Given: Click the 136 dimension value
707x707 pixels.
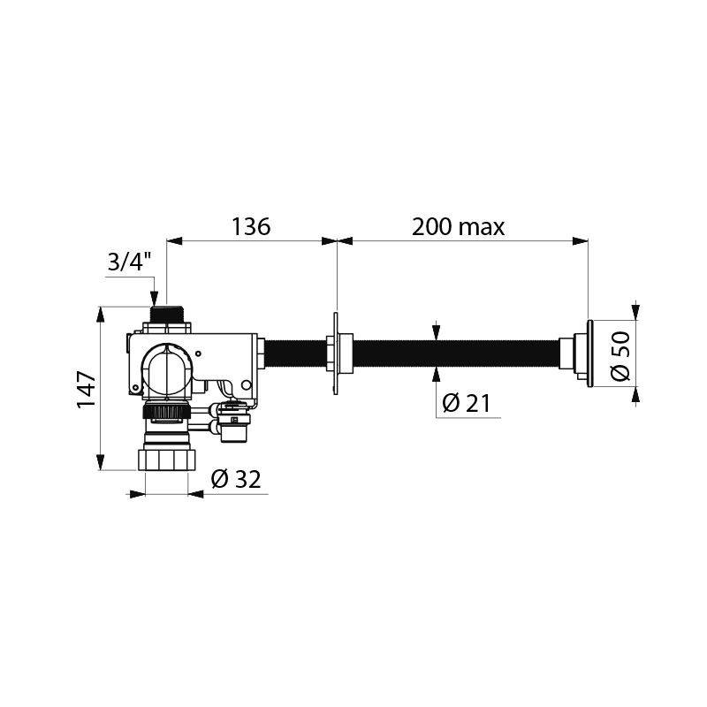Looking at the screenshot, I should (250, 226).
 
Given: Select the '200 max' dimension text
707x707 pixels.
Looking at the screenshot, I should (458, 226).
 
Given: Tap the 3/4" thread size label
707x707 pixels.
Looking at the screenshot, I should (130, 262).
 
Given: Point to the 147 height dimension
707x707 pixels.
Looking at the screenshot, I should (86, 389).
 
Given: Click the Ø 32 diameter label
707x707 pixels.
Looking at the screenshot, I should (236, 479).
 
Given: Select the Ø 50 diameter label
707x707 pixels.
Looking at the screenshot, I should (622, 355).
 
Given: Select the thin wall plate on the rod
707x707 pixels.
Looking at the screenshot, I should (336, 353).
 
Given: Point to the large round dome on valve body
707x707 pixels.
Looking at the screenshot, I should (166, 369).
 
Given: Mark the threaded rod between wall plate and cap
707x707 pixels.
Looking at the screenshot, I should (455, 354).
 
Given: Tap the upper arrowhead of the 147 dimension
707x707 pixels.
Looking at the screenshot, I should (102, 315).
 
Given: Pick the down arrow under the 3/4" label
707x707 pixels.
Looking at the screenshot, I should (155, 298).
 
